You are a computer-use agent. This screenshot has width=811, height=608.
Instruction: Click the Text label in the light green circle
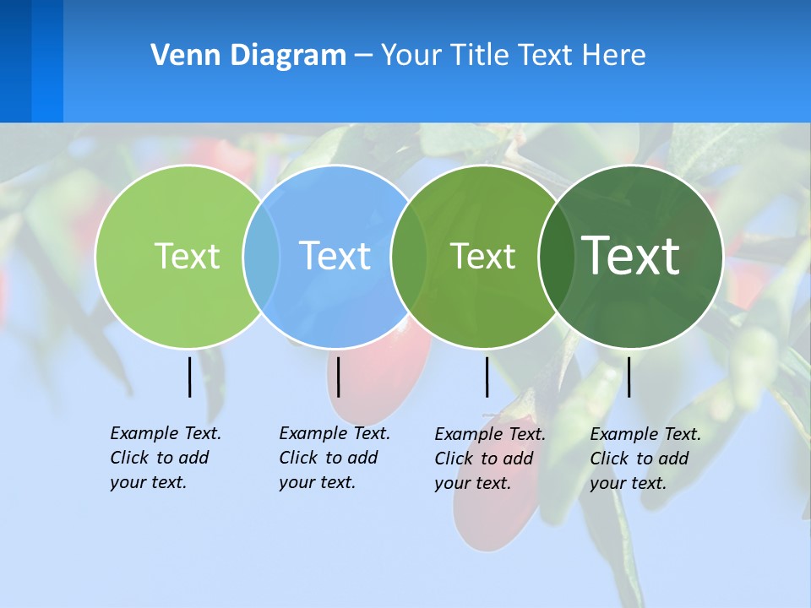187,256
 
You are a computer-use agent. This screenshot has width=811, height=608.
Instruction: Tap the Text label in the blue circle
335,256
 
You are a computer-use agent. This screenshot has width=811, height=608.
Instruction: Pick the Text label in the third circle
482,256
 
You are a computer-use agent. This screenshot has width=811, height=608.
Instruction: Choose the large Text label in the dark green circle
631,255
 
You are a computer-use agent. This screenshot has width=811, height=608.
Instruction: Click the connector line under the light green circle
190,377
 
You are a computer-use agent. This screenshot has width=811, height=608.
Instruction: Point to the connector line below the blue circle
338,377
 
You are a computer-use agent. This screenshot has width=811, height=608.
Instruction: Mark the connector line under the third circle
487,377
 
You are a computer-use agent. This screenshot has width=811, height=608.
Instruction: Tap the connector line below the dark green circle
629,377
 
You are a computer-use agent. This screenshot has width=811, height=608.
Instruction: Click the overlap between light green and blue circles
261,256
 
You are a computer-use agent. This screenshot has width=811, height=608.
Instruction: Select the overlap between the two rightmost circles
554,256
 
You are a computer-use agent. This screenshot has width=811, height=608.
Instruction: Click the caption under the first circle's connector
165,458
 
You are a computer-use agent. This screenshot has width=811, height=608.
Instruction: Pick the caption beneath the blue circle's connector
334,458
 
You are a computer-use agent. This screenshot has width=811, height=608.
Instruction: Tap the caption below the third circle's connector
489,459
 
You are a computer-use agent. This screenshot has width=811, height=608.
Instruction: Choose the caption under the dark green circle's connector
645,459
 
